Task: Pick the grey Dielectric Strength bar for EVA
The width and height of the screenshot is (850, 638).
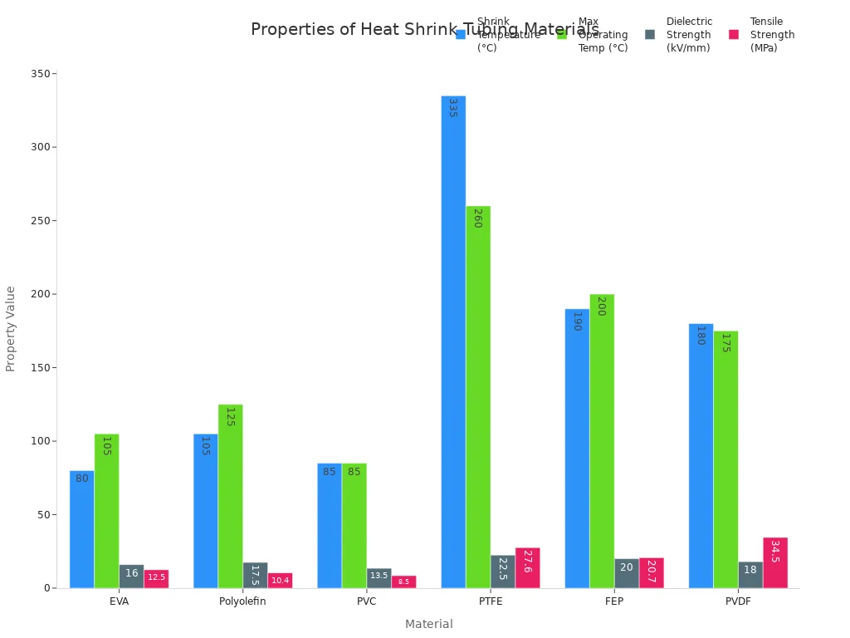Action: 131,576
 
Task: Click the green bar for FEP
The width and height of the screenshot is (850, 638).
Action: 602,440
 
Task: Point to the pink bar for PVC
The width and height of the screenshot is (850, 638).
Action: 403,582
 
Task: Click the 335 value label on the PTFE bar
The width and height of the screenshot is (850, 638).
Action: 452,108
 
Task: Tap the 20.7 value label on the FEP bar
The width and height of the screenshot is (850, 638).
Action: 651,572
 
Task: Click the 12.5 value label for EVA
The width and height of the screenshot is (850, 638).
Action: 156,577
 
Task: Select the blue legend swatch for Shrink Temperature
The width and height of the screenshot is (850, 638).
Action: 461,35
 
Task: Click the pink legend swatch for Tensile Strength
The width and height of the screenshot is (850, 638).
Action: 734,35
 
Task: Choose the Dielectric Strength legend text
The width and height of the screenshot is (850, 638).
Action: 689,35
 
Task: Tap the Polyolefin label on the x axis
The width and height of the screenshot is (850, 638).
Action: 242,601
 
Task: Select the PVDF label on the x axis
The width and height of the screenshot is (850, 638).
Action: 738,601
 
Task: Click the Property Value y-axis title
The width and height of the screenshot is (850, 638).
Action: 11,328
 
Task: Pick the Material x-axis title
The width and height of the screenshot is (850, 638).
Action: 428,624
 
